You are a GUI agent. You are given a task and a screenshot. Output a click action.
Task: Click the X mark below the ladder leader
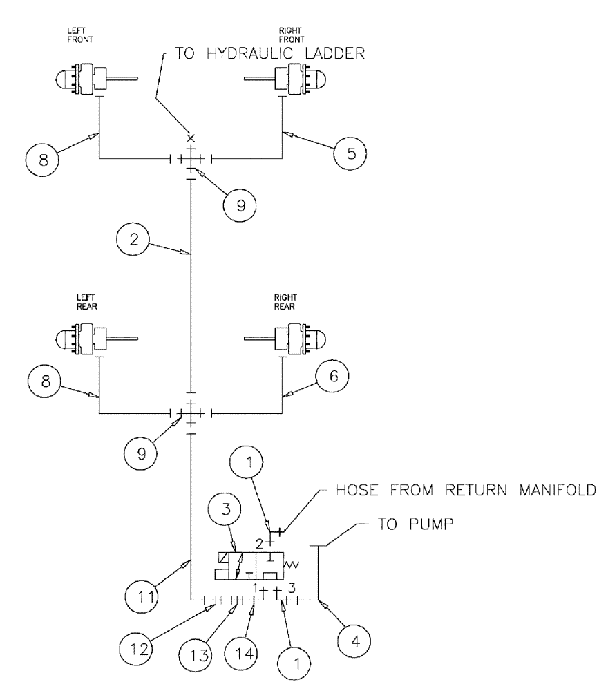pos(191,139)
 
